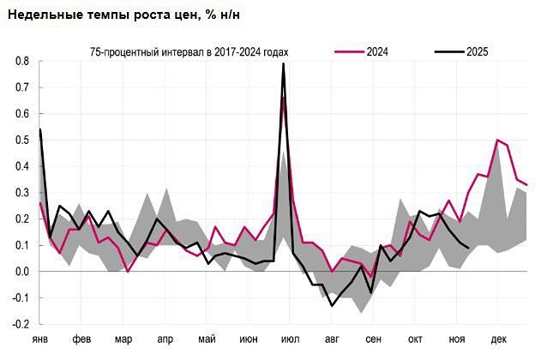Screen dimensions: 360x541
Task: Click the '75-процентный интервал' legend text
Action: [x=189, y=52]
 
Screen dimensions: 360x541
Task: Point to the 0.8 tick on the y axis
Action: [x=21, y=62]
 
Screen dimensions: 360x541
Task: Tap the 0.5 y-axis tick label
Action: [x=21, y=141]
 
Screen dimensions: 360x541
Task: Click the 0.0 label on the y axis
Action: [x=21, y=272]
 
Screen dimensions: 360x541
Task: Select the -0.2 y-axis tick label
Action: [x=20, y=325]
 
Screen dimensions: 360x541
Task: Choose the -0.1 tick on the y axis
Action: [x=20, y=298]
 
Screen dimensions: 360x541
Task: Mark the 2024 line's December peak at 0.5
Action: [x=497, y=140]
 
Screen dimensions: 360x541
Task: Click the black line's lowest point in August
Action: [x=332, y=305]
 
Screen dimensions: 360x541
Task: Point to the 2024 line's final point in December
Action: [x=526, y=184]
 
